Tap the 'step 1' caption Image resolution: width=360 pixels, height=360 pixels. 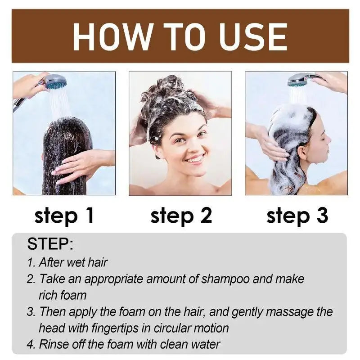coord(64,216)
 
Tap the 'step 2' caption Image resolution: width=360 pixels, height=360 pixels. coord(181,216)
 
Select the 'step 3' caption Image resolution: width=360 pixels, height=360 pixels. coord(297,216)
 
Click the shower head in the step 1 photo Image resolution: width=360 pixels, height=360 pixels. coord(55,82)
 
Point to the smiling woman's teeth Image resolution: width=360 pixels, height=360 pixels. coord(194,159)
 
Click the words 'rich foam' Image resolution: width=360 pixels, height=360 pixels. coord(63,295)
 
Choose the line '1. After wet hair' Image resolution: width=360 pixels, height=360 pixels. coord(67,262)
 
